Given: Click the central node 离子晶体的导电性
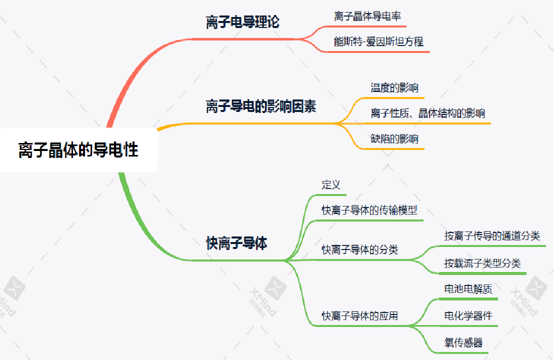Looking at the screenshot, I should tap(78, 150).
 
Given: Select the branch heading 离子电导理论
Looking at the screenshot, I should tap(242, 22).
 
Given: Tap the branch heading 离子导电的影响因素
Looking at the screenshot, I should tap(261, 106).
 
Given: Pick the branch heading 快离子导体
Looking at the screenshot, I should tap(236, 243).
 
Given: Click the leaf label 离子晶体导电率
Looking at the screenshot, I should tap(367, 16).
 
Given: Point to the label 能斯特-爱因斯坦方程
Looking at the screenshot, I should tap(378, 41).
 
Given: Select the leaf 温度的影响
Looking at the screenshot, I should tap(394, 88).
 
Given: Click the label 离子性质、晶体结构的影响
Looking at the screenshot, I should tap(427, 113).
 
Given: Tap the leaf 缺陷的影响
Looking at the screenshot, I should tap(394, 138).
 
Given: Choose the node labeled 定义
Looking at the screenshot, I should tap(331, 184).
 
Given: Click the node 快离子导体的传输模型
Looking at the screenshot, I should tap(369, 210).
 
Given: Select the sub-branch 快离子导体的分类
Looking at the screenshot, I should tap(359, 249).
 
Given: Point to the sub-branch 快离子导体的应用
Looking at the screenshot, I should tap(359, 316).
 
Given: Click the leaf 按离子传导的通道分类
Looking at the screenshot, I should tap(492, 235).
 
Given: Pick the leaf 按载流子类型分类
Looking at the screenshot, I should tap(482, 263).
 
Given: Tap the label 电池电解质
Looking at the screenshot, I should tap(468, 289).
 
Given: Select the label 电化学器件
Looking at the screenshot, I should tap(468, 316).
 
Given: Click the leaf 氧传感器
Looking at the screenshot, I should tap(463, 343).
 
